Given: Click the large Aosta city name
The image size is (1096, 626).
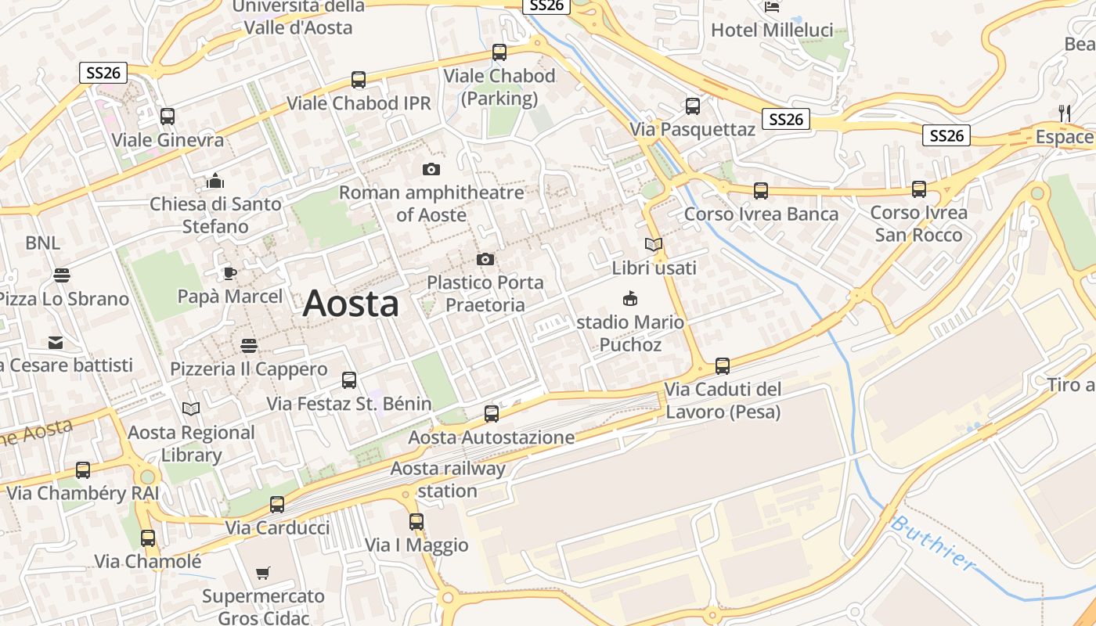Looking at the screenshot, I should [x=351, y=303].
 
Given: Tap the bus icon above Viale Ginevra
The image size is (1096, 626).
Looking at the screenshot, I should [x=167, y=117].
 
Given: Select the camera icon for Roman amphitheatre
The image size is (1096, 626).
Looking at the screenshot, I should [x=431, y=169].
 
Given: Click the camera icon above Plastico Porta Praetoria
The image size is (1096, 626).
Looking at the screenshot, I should [x=485, y=259].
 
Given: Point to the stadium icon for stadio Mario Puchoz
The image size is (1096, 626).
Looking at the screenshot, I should [x=629, y=298].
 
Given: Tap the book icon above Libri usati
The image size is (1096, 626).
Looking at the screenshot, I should [x=654, y=244].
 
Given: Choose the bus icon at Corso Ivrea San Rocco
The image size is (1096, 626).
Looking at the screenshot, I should [x=919, y=189].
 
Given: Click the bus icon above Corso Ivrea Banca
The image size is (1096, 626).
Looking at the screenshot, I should [x=760, y=190].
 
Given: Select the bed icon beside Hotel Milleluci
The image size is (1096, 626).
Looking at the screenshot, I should [x=772, y=7].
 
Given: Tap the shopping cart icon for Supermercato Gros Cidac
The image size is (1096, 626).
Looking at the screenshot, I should [x=263, y=573].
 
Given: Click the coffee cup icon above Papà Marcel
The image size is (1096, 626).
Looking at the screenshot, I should [x=229, y=273].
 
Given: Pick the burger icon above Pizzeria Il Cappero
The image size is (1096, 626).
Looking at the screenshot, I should [x=249, y=345].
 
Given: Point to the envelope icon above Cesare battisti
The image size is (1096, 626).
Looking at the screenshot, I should [x=56, y=342].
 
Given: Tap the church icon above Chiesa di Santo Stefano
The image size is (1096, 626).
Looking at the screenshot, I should [x=215, y=182].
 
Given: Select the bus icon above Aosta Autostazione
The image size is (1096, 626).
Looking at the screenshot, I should [x=492, y=414].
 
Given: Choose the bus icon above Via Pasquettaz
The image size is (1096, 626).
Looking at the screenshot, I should [x=693, y=106].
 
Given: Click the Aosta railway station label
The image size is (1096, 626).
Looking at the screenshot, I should [x=448, y=480].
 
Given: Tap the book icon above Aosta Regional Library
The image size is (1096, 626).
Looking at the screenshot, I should [x=191, y=408].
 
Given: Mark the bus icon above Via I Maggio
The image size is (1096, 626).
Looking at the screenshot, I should [x=416, y=521].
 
